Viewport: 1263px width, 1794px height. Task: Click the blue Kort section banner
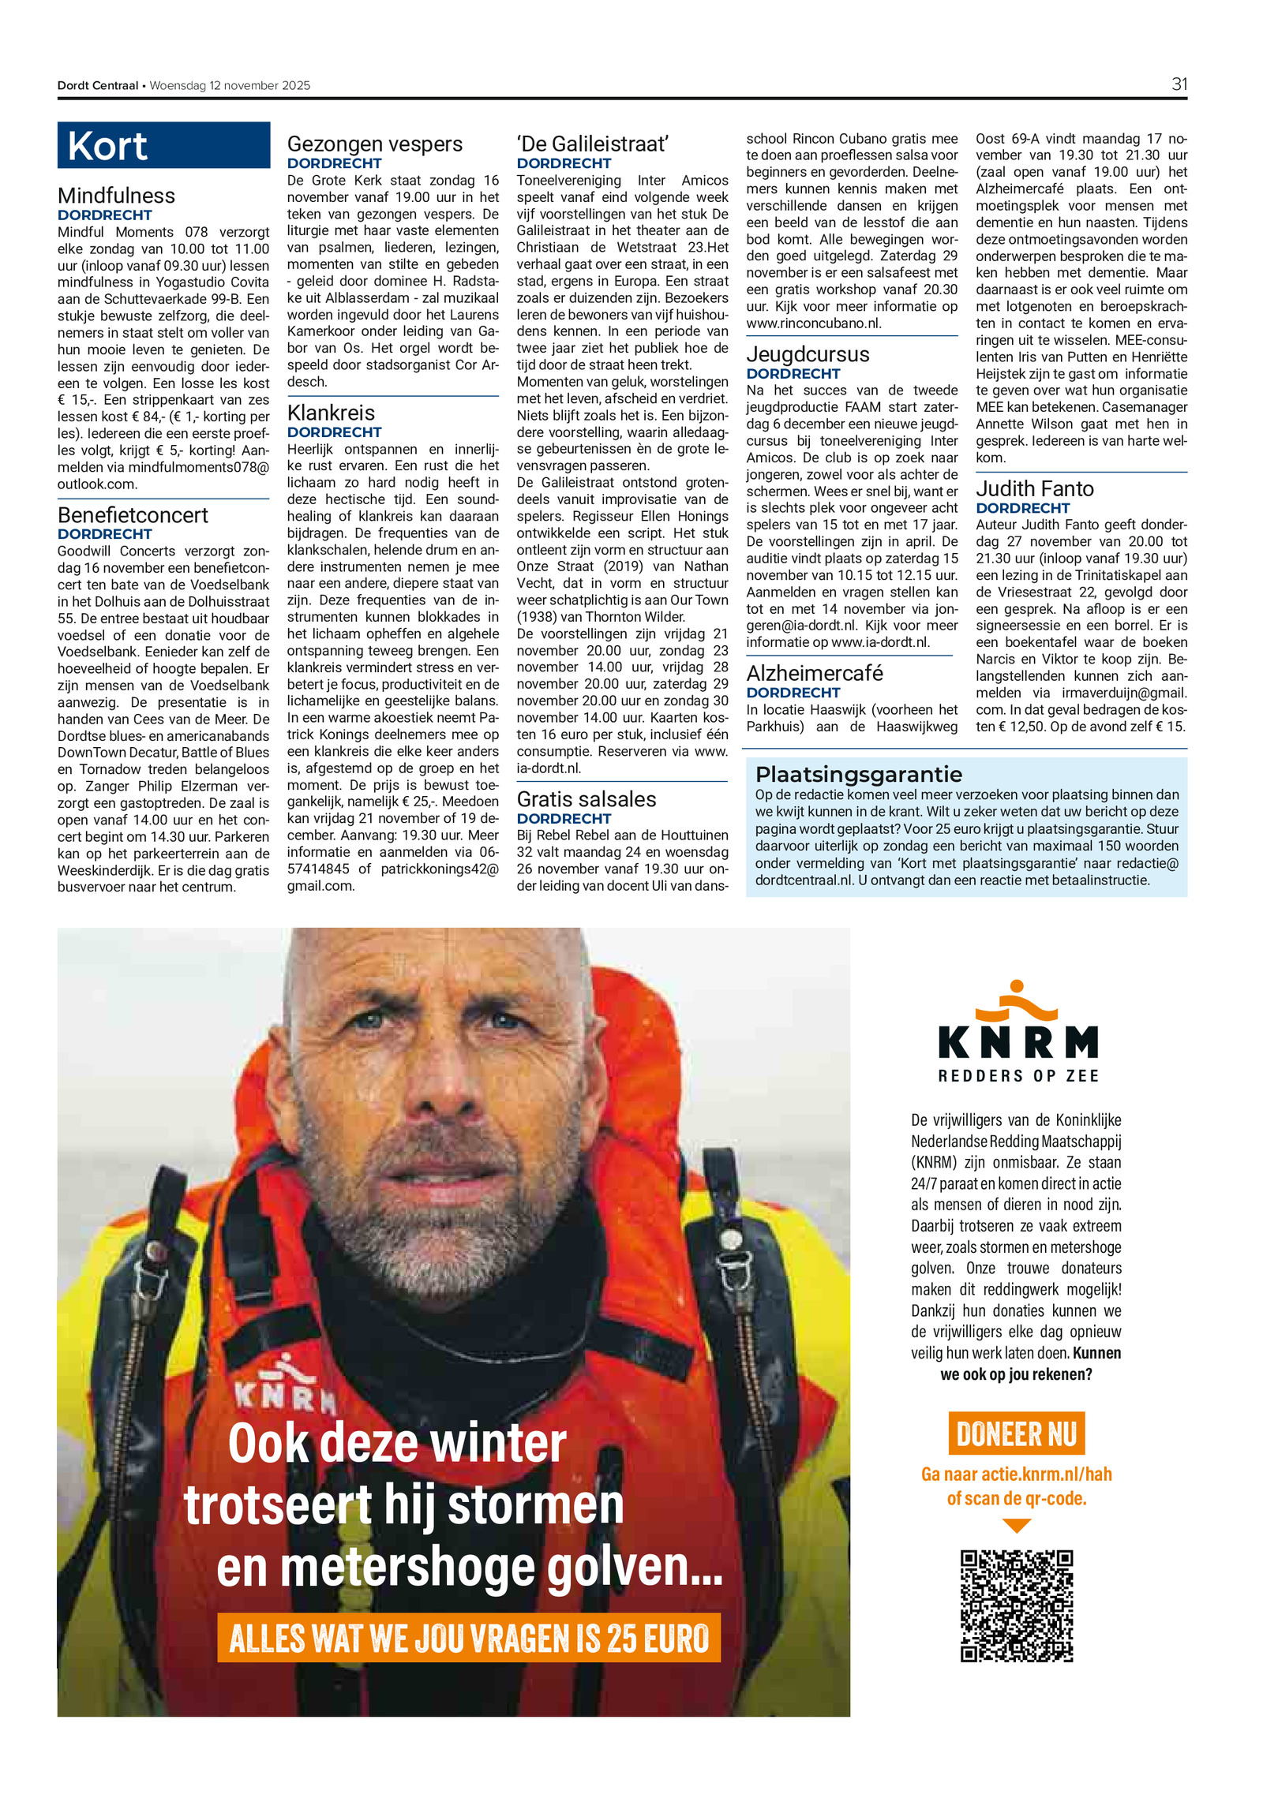pos(163,145)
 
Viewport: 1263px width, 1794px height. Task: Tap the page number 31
pos(1179,84)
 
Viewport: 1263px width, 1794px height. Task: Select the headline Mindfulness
pos(116,196)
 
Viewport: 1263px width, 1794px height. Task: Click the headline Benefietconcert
pos(133,515)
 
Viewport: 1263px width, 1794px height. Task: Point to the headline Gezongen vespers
pos(374,144)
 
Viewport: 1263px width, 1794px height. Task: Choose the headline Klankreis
pos(331,413)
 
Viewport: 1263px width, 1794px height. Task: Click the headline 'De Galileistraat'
pos(593,144)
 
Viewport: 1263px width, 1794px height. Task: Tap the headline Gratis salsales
pos(586,799)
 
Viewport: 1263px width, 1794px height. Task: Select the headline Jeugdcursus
pos(808,354)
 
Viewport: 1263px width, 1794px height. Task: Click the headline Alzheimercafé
pos(814,673)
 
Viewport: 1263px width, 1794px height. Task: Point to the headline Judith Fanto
pos(1034,489)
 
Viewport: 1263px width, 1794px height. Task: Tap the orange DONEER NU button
pos(1016,1433)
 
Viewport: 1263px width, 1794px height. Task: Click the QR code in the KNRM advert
pos(1016,1605)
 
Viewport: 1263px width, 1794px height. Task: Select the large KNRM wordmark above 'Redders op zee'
pos(1018,1041)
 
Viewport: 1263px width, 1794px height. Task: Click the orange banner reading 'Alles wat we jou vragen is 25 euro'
pos(469,1639)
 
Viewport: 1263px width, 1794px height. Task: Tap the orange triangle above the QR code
pos(1016,1527)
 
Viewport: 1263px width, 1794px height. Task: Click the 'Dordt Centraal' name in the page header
pos(97,85)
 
